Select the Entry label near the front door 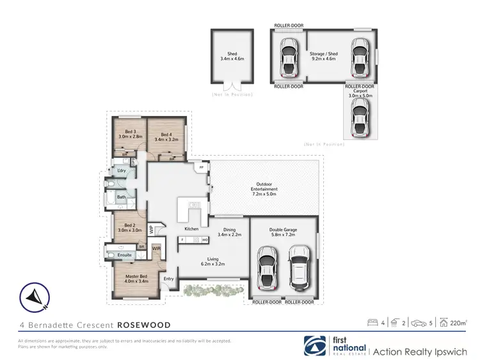pyautogui.click(x=168, y=279)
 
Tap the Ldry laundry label pyautogui.click(x=122, y=171)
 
